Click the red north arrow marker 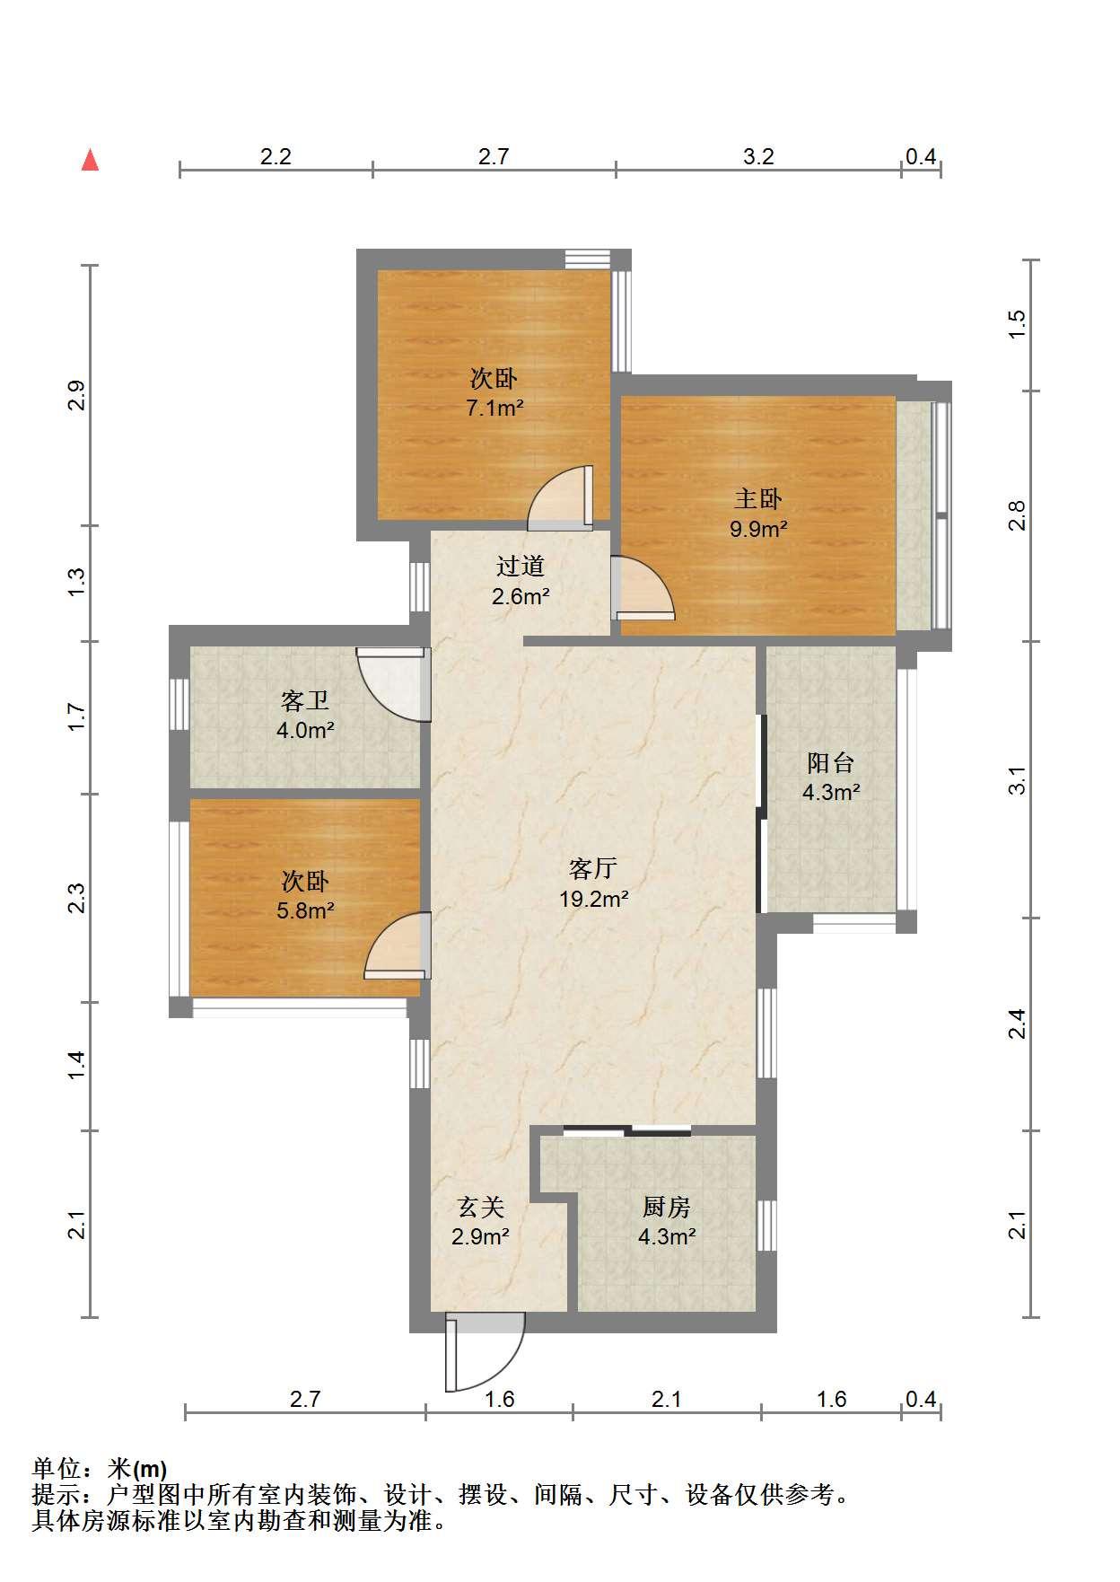tap(90, 161)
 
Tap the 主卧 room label tap(758, 498)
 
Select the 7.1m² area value tap(494, 409)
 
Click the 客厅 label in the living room tap(593, 868)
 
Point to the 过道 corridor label tap(521, 566)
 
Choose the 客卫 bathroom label tap(305, 700)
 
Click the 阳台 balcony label tap(831, 763)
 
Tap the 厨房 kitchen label tap(667, 1207)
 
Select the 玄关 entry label tap(481, 1207)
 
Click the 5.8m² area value tap(305, 911)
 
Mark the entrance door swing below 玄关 tap(485, 1352)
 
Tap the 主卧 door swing tap(643, 588)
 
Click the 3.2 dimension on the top tap(758, 156)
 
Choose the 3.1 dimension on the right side tap(1016, 780)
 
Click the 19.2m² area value tap(593, 899)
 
